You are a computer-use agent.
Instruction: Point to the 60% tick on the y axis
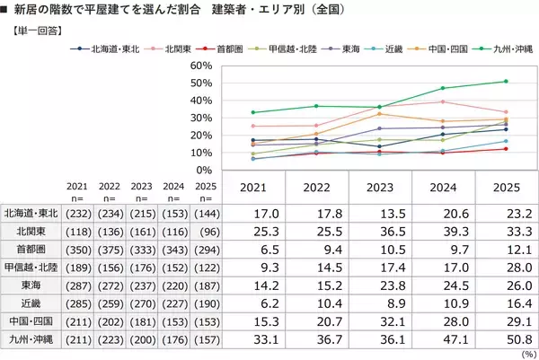click(199, 66)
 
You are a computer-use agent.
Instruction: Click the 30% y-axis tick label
click(199, 118)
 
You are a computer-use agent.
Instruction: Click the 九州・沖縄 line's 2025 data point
click(507, 82)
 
